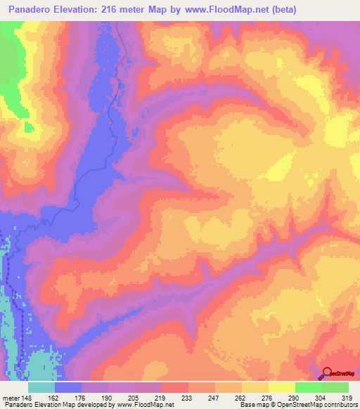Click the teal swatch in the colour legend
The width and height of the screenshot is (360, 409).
click(41, 387)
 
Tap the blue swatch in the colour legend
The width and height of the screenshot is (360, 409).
click(68, 387)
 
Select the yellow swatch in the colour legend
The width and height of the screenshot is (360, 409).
click(282, 387)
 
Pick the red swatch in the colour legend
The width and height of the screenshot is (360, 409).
click(175, 387)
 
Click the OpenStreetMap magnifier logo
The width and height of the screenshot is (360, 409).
click(328, 373)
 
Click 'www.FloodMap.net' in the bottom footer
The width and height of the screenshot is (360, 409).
click(146, 405)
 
